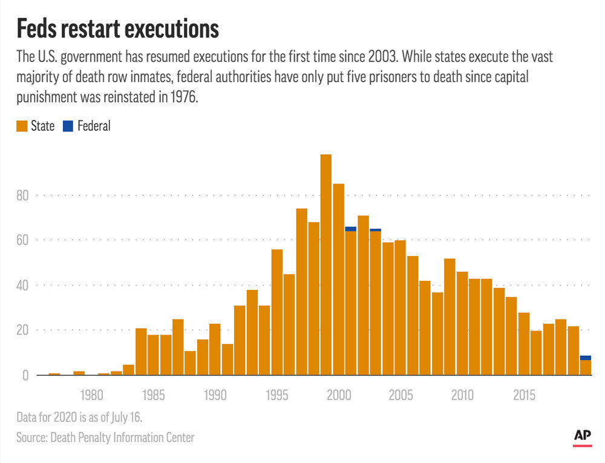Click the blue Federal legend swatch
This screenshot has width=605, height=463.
(x=67, y=126)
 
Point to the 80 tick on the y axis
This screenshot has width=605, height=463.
(x=23, y=195)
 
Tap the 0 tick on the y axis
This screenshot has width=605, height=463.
(x=26, y=375)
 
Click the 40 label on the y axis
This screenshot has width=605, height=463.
(x=23, y=285)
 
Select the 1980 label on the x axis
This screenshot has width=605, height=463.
(x=91, y=395)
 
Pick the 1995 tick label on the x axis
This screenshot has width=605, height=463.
(x=276, y=395)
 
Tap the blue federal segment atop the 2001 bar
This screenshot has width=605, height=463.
(x=350, y=229)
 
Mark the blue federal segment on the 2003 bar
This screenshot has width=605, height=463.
(x=375, y=230)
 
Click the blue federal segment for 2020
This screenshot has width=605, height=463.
(x=585, y=358)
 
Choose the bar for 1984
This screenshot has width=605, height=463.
(x=141, y=352)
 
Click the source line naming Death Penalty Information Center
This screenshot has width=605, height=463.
(x=106, y=437)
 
